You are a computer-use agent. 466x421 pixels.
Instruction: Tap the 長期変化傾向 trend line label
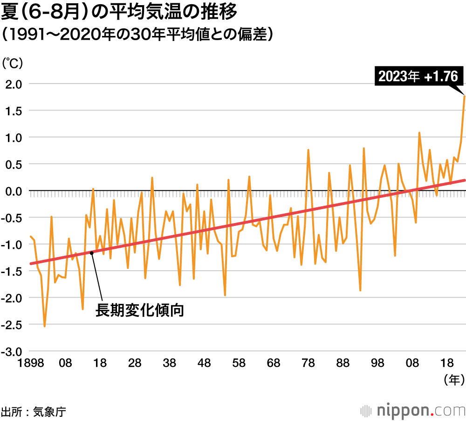click(139, 310)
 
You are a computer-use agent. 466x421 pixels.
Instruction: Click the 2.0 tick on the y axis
click(14, 84)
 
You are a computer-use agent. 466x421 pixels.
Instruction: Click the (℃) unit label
click(13, 63)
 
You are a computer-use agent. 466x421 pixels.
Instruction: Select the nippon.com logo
click(413, 411)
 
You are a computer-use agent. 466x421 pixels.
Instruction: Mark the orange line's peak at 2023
click(464, 96)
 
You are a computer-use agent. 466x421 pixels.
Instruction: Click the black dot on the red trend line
click(92, 253)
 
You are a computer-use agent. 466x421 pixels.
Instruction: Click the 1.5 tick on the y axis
click(14, 111)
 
